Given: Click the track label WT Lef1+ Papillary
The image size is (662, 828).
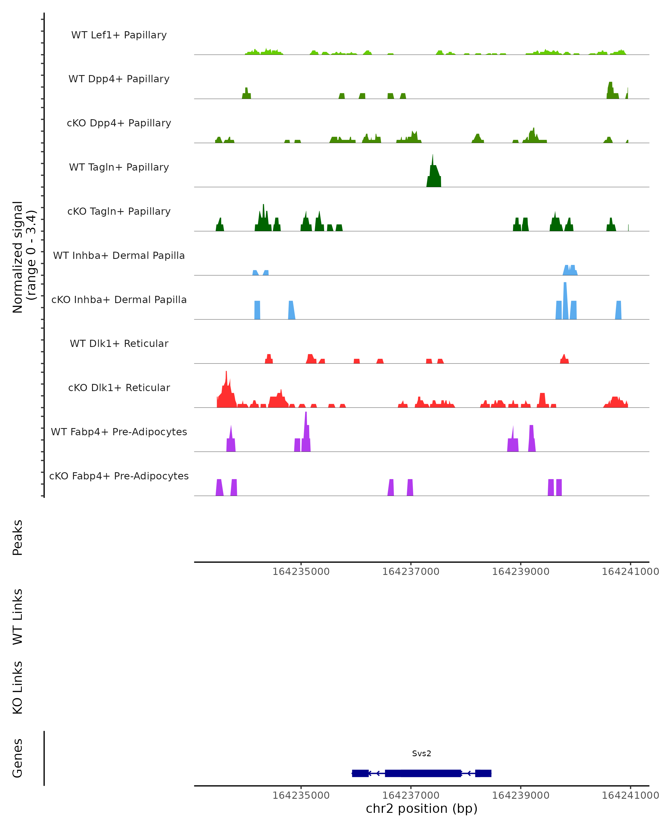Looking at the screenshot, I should [x=119, y=35].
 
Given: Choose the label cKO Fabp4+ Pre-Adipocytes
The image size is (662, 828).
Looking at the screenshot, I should [x=119, y=476].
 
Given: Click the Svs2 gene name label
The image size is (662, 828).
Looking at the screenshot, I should [x=421, y=753].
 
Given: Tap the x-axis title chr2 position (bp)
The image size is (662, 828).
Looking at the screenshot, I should [x=421, y=808].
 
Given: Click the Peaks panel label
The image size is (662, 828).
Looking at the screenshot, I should [x=18, y=537].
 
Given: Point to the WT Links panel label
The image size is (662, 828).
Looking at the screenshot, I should [x=18, y=616].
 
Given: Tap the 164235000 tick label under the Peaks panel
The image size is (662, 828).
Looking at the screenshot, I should [x=301, y=572].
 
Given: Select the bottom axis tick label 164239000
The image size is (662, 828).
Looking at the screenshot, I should [x=520, y=795].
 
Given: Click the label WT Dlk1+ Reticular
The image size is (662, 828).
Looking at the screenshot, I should [x=119, y=343].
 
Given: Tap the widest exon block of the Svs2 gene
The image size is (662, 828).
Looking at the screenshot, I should [x=423, y=773].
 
